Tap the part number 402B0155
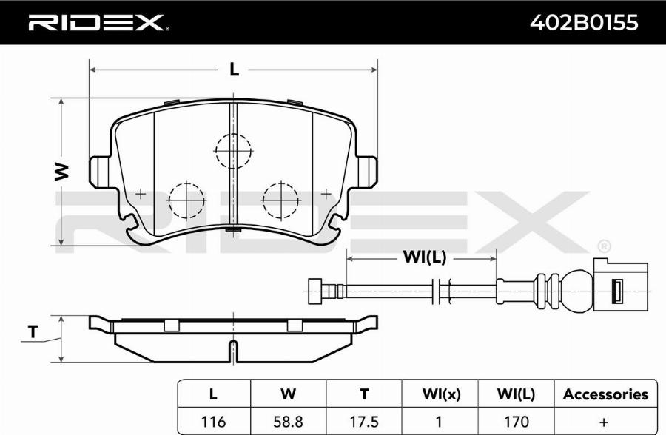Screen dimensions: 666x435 [584, 22]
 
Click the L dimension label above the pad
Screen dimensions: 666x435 [234, 70]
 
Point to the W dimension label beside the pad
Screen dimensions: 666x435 [62, 171]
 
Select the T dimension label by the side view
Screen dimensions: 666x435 [33, 331]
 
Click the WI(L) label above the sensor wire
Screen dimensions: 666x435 [424, 257]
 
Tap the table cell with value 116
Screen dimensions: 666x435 [213, 422]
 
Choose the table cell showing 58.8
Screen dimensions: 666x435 [289, 422]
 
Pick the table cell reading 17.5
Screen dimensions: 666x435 [364, 422]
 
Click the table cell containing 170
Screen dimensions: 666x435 [516, 422]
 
